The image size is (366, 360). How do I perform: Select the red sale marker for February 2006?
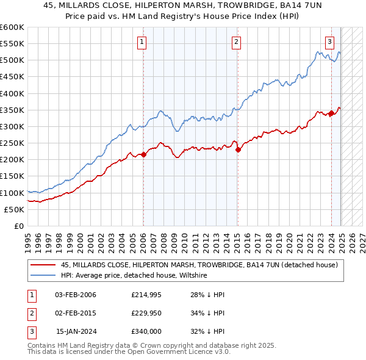[x=143, y=154]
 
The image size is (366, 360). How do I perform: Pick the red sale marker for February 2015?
[x=237, y=149]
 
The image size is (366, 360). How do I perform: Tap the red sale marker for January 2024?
[x=331, y=113]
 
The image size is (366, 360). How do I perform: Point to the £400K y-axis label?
[x=12, y=93]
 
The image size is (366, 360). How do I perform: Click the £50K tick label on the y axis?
[x=13, y=209]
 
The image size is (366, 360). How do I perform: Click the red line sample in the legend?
[x=43, y=265]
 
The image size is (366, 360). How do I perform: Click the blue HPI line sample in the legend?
[x=43, y=276]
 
